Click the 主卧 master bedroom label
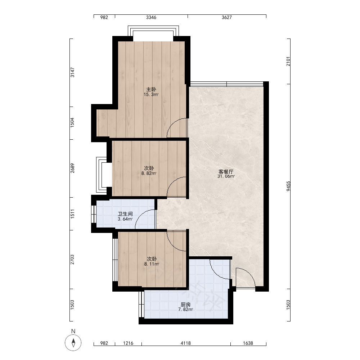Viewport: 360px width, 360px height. [151, 89]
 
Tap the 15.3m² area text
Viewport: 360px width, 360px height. [151, 94]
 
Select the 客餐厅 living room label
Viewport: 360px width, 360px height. [226, 171]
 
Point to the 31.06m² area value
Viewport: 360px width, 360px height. [226, 176]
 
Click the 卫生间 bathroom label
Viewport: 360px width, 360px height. [125, 214]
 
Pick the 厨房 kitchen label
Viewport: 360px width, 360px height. [185, 305]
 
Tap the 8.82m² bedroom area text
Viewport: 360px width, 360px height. [149, 174]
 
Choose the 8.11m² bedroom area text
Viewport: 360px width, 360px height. [152, 264]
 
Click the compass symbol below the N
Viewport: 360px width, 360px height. [73, 343]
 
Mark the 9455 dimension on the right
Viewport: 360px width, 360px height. [288, 186]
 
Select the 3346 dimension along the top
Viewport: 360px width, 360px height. [151, 17]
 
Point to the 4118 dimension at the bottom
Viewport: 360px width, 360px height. [185, 343]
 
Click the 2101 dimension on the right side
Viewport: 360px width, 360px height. [288, 61]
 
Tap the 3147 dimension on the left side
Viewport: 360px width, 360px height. [72, 72]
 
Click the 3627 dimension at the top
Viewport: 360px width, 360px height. [226, 17]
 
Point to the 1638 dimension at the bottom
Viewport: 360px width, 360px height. [248, 343]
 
